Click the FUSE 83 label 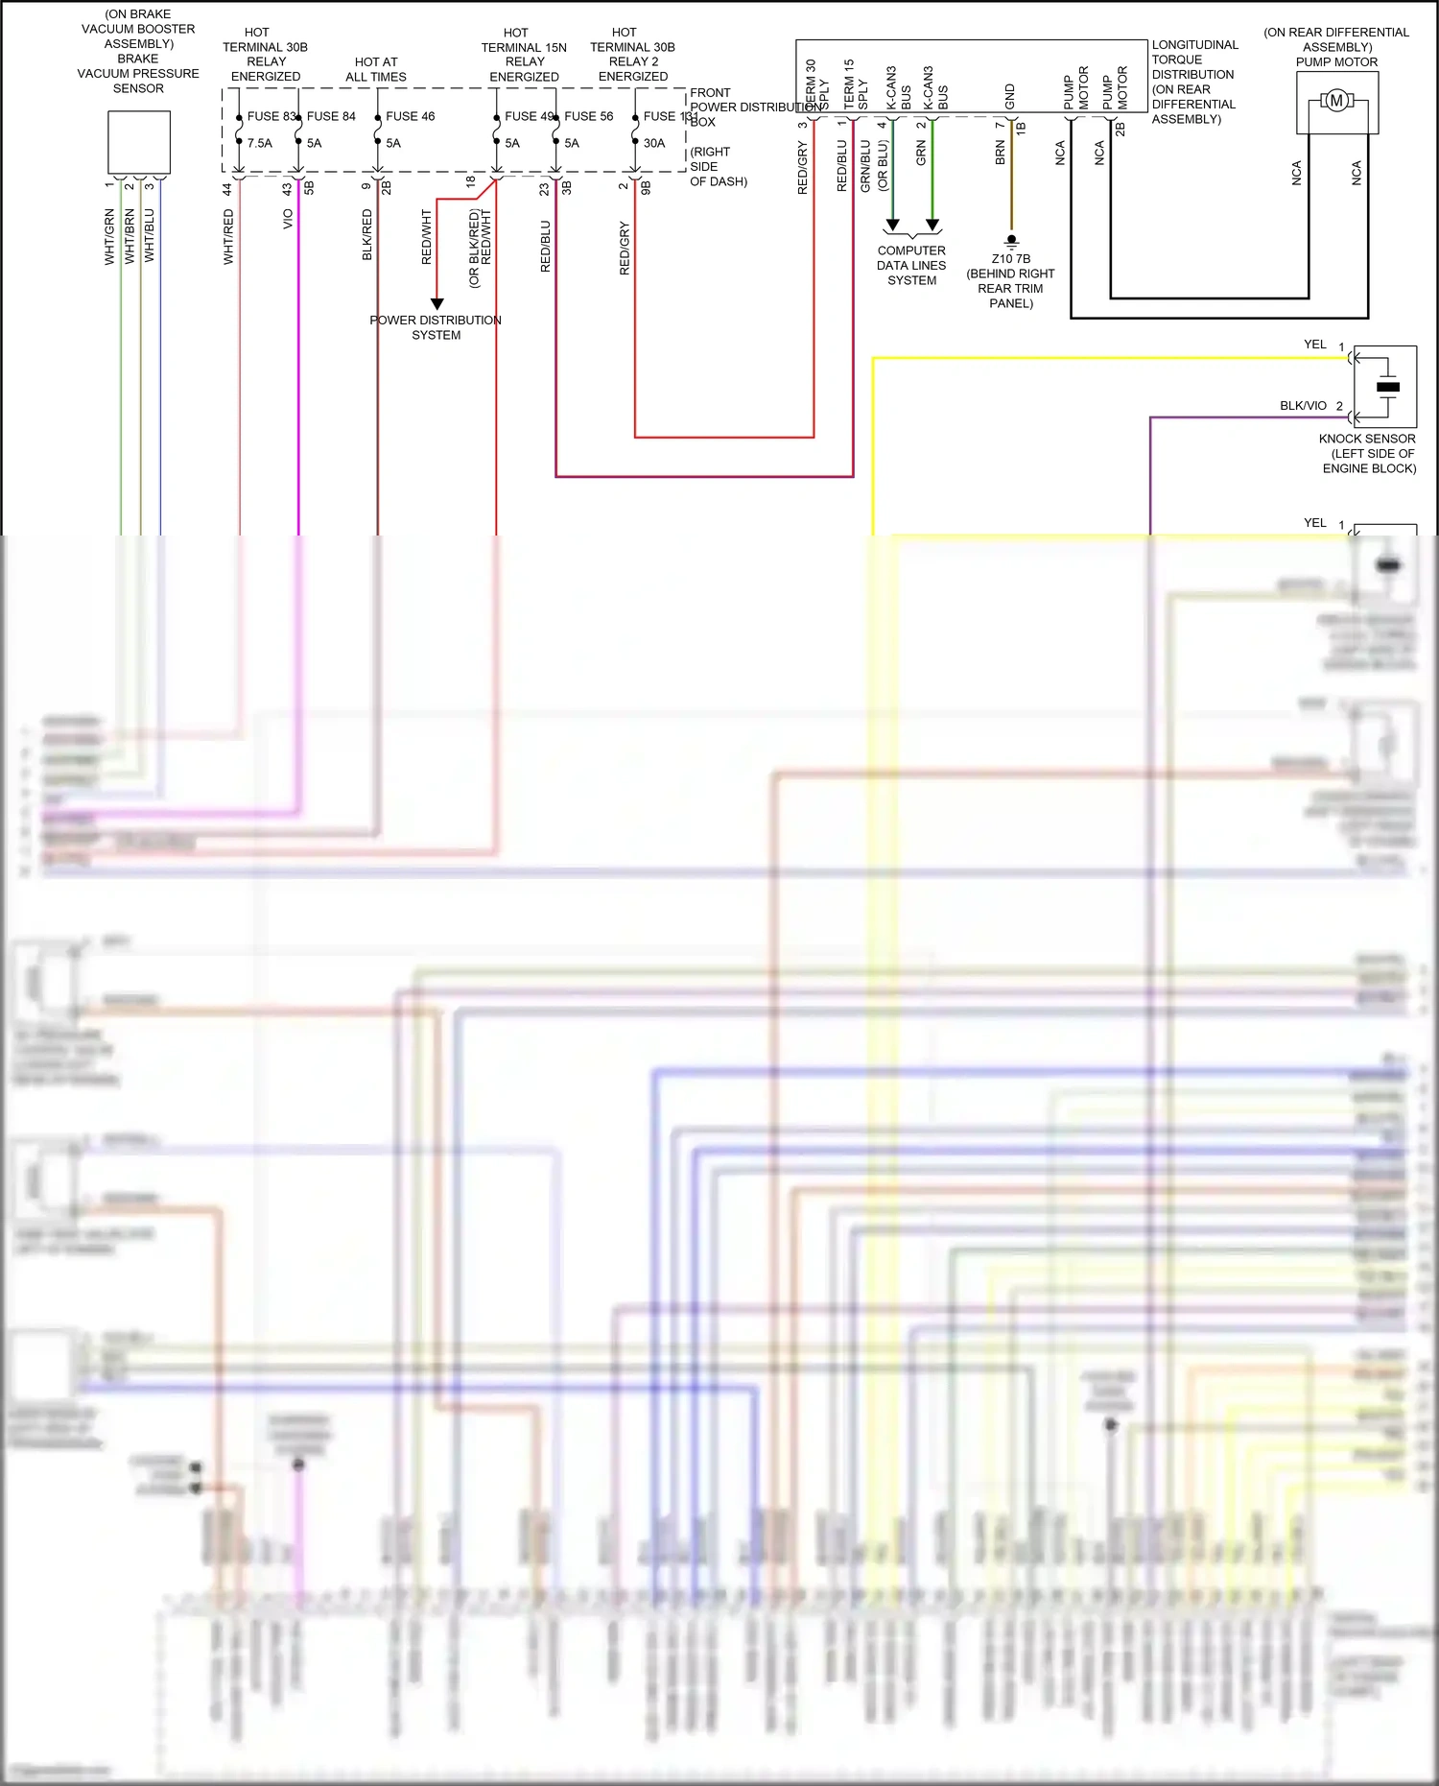(x=271, y=116)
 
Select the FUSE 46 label (x=410, y=116)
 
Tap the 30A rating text (x=654, y=143)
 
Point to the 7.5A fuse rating (x=259, y=143)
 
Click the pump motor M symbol (x=1335, y=101)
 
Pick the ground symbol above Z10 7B (x=1011, y=241)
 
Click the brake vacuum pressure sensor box (x=139, y=142)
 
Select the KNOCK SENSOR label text (x=1367, y=439)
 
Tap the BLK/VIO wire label (x=1303, y=406)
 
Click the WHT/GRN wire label (x=109, y=236)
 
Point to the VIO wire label (x=288, y=220)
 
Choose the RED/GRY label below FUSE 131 (x=625, y=249)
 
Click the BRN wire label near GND (x=1001, y=153)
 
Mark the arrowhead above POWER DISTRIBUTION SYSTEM (x=436, y=303)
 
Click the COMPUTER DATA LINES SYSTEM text (x=911, y=266)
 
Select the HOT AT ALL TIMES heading (x=376, y=69)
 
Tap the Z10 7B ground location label (x=1011, y=259)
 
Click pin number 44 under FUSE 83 (x=227, y=190)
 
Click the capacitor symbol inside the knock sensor (x=1387, y=387)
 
